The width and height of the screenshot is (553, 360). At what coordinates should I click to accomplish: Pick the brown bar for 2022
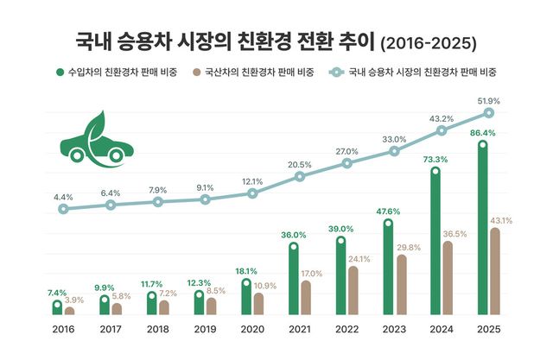pos(353,290)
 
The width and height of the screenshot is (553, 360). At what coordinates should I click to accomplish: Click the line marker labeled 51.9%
pos(489,113)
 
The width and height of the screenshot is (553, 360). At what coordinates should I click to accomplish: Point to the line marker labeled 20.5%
pos(300,176)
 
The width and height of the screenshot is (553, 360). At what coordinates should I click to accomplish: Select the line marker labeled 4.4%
pos(63,209)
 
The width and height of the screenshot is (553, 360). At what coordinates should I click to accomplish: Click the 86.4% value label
pos(481,133)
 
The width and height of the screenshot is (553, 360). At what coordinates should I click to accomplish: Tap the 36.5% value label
pos(454,233)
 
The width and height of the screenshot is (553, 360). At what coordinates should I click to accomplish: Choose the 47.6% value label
pos(388,211)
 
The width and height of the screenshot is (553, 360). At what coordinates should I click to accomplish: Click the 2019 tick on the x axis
pos(205,329)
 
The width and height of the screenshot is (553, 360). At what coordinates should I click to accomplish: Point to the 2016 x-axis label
pos(63,329)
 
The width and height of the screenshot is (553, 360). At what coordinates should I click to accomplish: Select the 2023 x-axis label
pos(394,329)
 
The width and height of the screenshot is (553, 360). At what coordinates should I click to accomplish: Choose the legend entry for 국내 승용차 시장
pos(414,72)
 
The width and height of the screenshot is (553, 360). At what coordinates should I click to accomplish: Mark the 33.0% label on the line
pos(394,139)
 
